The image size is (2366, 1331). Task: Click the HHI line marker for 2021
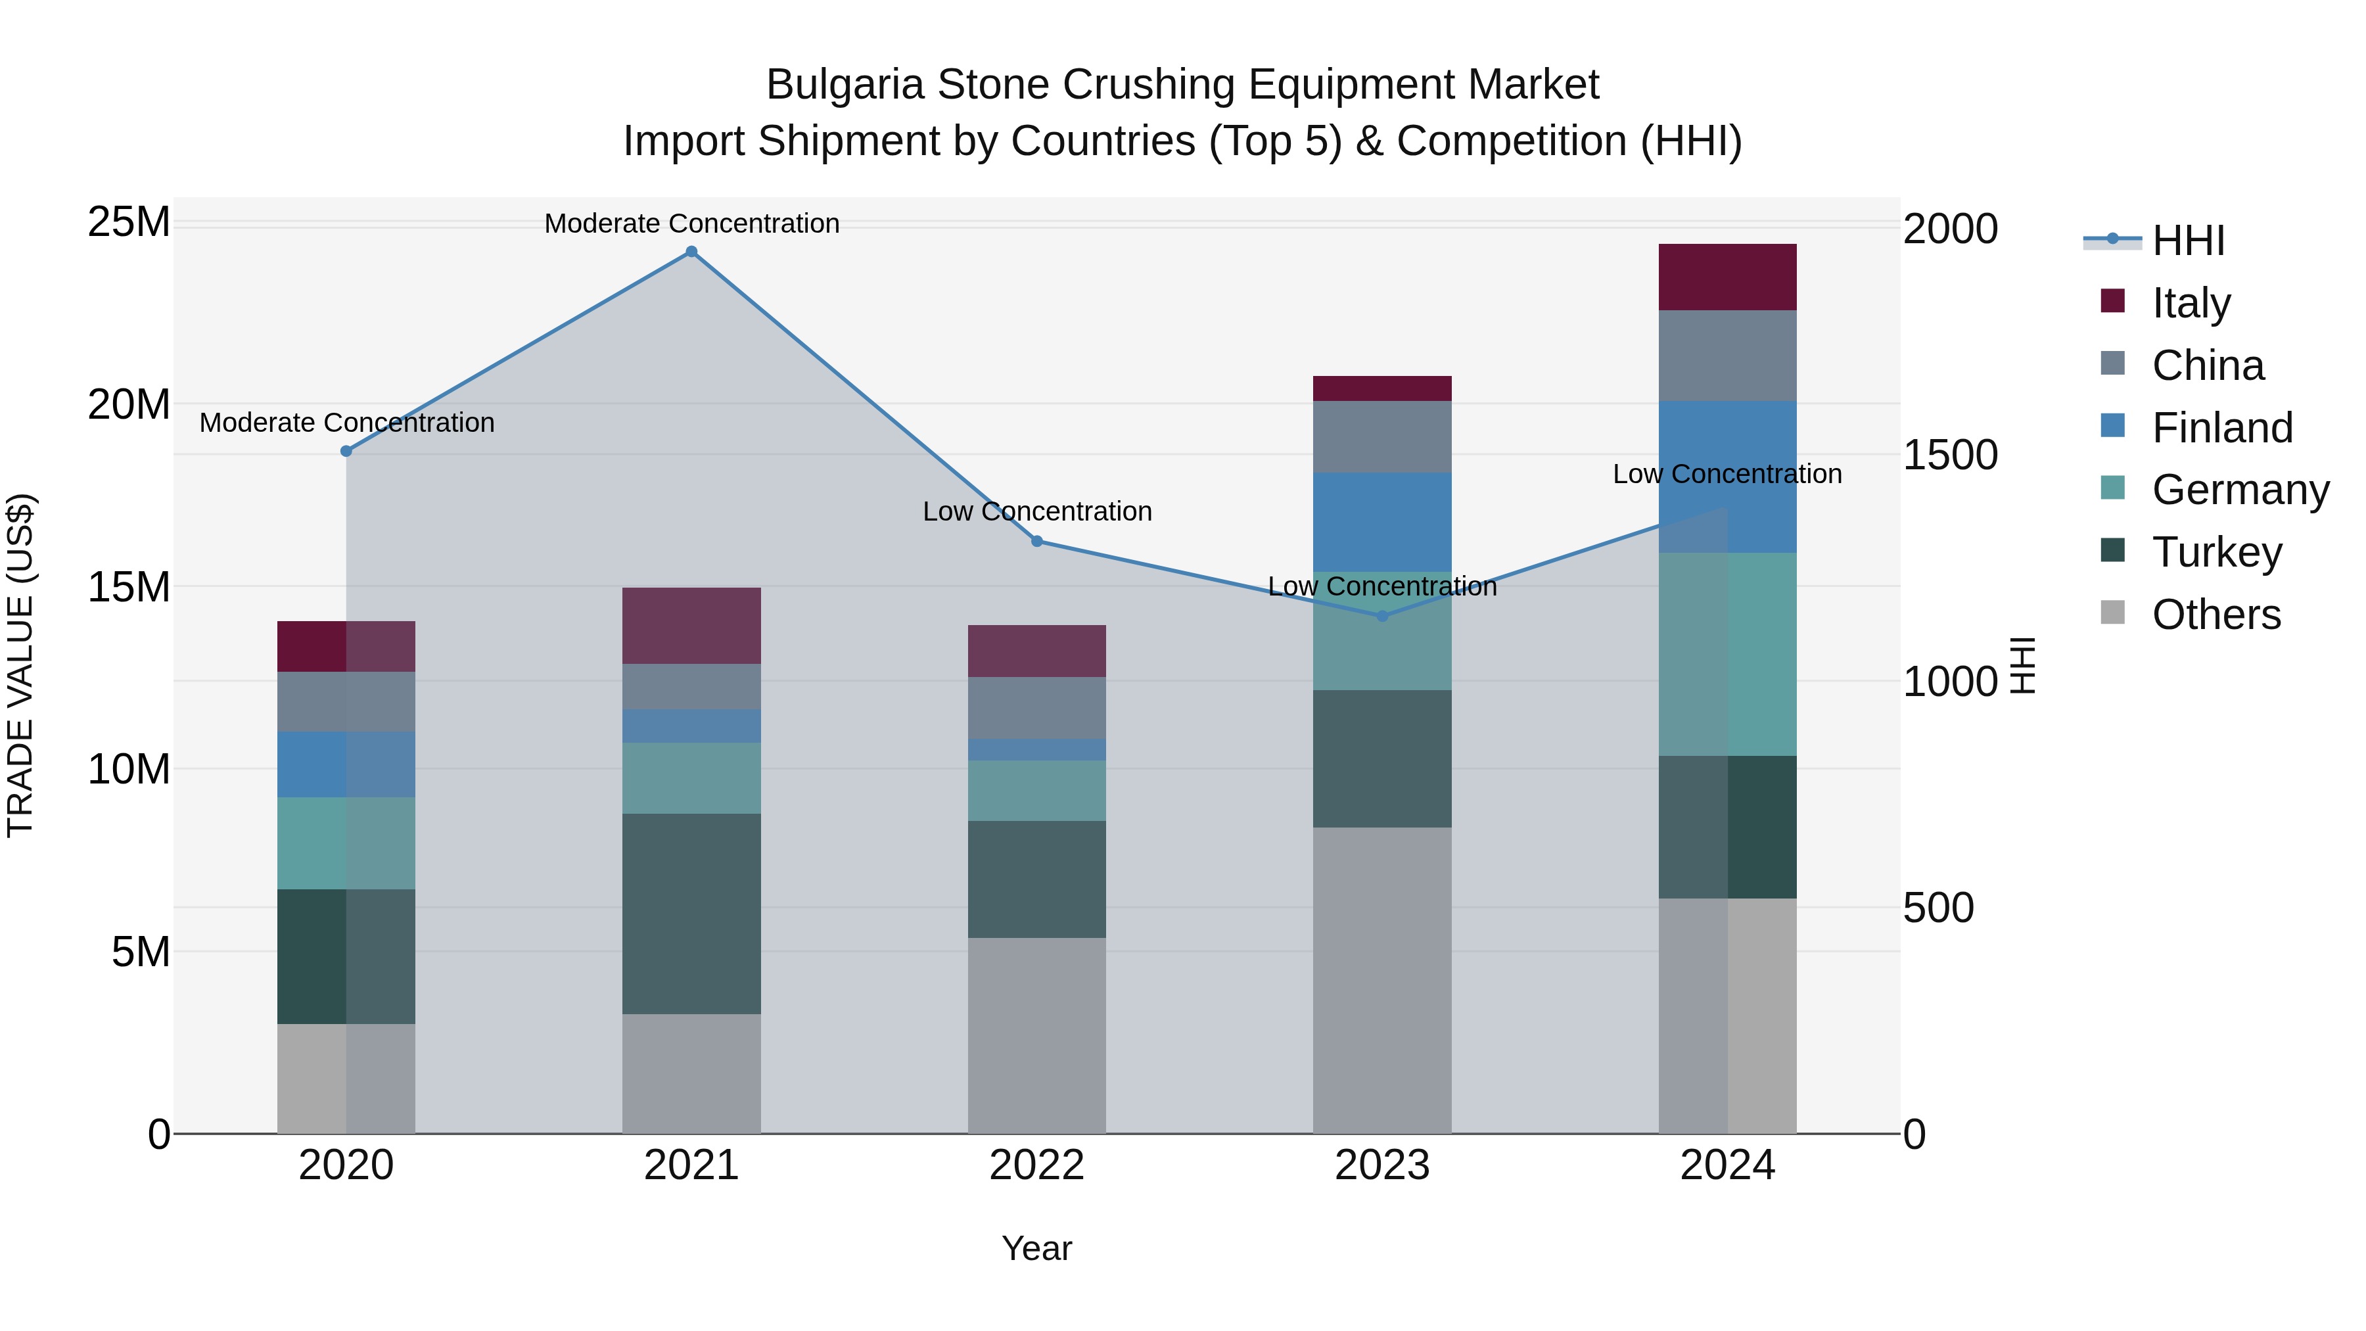click(x=691, y=252)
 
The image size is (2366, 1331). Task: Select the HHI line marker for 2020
click(x=346, y=451)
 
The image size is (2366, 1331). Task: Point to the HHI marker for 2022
click(x=1037, y=541)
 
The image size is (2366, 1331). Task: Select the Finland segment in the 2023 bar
click(x=1382, y=522)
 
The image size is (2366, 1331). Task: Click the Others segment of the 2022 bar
click(x=1037, y=1035)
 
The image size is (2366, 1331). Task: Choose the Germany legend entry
click(x=2240, y=490)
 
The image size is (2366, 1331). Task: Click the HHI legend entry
click(x=2188, y=241)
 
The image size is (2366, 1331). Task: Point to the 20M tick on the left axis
click(x=129, y=404)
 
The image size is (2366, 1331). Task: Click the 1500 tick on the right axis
click(x=1949, y=455)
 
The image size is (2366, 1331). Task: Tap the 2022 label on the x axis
click(x=1037, y=1165)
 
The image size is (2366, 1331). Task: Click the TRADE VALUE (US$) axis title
click(x=20, y=665)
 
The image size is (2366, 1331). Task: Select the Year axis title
click(x=1037, y=1248)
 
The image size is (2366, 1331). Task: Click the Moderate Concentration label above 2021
click(x=691, y=223)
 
